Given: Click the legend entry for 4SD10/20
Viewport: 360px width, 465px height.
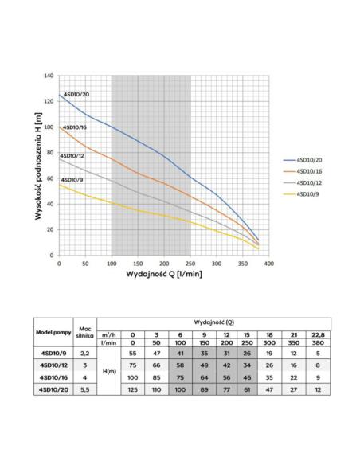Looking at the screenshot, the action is coord(303,160).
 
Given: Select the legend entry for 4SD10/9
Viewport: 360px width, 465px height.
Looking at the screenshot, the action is coord(301,194).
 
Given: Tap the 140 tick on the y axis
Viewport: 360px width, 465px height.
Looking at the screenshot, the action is coord(49,76).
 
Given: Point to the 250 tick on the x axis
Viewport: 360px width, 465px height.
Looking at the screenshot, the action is coord(190,264).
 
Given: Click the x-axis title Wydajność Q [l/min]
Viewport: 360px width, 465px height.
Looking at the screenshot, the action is coord(164,274).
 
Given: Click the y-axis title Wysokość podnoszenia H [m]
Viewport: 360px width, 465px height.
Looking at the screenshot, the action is coord(38,166).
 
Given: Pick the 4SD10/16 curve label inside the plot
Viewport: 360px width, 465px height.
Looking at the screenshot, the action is coord(75,127).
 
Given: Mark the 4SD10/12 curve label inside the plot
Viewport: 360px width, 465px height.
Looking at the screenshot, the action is coord(72,156).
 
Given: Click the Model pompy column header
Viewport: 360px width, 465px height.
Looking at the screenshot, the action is coord(53,333).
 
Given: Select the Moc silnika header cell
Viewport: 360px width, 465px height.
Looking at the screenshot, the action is coord(85,332).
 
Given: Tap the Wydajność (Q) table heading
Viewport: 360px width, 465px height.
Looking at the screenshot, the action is coord(213,322).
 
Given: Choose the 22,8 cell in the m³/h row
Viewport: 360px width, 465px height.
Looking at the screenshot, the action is coord(318,334).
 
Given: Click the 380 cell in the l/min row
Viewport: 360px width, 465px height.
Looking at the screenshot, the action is coord(318,342).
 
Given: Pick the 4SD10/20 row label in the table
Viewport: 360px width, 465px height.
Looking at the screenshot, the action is coord(53,389).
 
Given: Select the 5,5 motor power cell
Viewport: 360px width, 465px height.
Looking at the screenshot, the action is coord(84,389).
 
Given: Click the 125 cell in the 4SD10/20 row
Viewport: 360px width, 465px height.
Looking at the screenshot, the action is coord(132,389).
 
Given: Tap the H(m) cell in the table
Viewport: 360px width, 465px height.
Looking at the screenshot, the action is coord(109,371).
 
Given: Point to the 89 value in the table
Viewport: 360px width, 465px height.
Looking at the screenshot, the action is coord(205,389).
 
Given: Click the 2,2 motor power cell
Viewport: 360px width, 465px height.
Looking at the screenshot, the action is coord(84,354).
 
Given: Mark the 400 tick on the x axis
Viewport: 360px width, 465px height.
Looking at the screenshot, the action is coord(269,264).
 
